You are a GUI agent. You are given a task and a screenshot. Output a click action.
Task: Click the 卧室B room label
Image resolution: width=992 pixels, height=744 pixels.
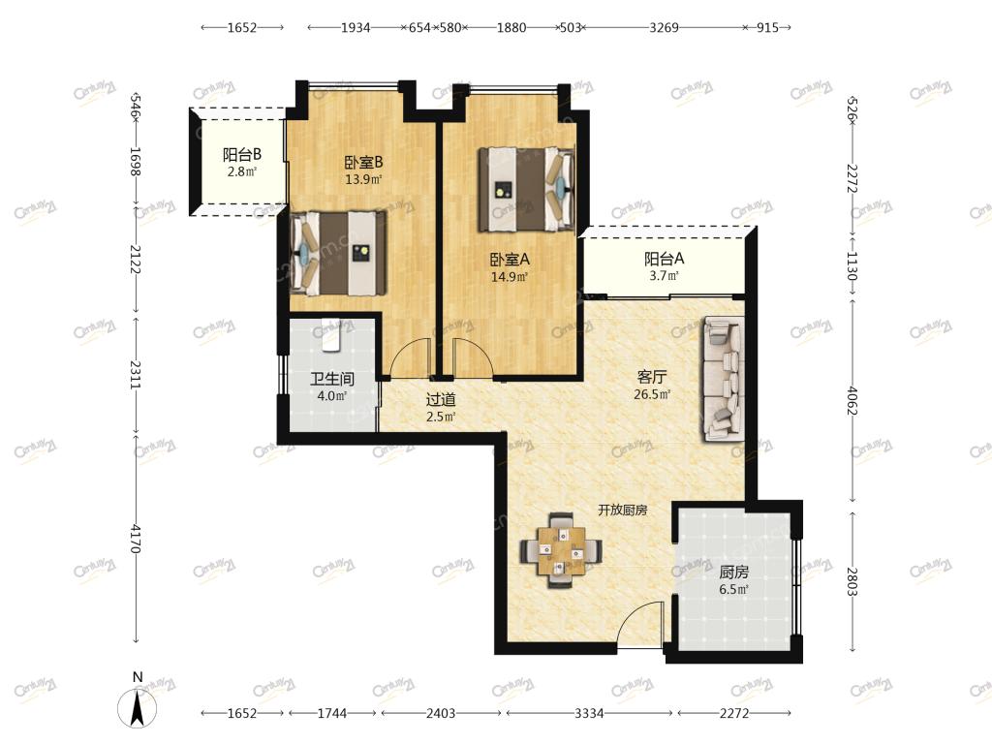click(x=363, y=163)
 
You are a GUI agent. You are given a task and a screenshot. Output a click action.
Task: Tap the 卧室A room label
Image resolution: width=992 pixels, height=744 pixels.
click(x=510, y=260)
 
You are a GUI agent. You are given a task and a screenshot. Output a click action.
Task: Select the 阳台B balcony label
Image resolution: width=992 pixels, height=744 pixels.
click(x=241, y=154)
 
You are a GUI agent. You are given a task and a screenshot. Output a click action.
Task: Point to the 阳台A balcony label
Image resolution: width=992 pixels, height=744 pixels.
click(x=665, y=259)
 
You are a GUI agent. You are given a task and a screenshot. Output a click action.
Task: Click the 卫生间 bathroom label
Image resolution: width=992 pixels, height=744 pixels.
click(x=332, y=379)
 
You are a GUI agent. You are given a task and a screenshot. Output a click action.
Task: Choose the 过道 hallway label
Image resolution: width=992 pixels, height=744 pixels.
click(x=441, y=400)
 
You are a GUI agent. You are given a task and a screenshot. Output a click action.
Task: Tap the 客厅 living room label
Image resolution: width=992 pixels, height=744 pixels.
click(x=652, y=377)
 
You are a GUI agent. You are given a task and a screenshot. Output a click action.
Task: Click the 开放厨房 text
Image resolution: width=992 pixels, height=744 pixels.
click(x=623, y=510)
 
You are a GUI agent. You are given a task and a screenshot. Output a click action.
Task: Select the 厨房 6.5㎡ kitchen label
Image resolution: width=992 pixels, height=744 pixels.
click(x=734, y=580)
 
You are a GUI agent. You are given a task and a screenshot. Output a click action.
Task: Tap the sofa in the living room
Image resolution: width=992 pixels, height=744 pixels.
click(x=723, y=379)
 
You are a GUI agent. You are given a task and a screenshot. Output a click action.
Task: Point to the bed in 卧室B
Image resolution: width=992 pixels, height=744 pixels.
click(x=338, y=253)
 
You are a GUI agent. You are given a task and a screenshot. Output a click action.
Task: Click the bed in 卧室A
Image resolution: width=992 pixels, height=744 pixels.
click(x=526, y=189)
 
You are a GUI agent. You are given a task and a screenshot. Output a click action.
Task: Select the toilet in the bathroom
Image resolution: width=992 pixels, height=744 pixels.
click(x=330, y=333)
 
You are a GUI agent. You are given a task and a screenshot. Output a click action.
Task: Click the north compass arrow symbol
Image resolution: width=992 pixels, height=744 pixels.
click(x=138, y=708)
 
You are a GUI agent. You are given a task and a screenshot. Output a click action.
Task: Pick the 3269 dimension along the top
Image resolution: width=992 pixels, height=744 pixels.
click(x=665, y=27)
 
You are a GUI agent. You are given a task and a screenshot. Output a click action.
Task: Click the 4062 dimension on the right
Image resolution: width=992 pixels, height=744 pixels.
click(x=852, y=401)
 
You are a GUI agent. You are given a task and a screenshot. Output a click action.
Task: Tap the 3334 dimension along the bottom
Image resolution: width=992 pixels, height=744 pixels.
click(x=589, y=713)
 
